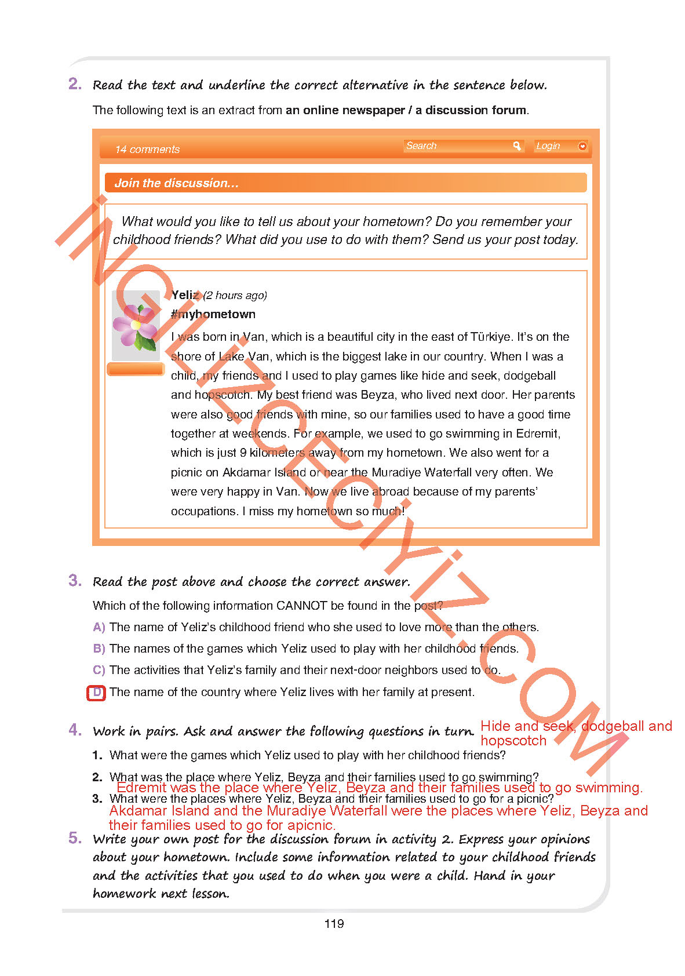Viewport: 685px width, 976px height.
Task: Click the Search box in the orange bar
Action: pos(458,146)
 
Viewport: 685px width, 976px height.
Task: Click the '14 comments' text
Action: pos(147,150)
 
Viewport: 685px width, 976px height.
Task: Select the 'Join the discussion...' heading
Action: pos(176,183)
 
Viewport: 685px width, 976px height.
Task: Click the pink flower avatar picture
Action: pos(136,326)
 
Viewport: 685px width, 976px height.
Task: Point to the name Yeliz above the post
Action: pos(185,295)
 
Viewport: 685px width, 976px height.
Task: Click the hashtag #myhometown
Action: pos(213,314)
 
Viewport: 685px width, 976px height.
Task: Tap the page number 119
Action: pos(334,924)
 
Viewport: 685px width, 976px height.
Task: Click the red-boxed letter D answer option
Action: pos(97,692)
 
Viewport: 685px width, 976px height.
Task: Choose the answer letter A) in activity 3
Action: pos(99,627)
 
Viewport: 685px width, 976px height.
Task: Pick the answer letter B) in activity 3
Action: pos(99,649)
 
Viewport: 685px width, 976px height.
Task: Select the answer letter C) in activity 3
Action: pos(99,670)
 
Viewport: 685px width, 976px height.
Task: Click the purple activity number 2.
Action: pos(75,84)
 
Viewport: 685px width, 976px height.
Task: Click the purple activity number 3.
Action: pos(75,580)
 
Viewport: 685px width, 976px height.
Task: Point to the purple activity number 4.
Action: pos(75,730)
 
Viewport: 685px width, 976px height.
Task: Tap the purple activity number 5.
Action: pos(75,837)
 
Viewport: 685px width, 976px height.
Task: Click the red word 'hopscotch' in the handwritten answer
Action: pos(513,741)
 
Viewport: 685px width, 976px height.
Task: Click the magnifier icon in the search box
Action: pos(517,146)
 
